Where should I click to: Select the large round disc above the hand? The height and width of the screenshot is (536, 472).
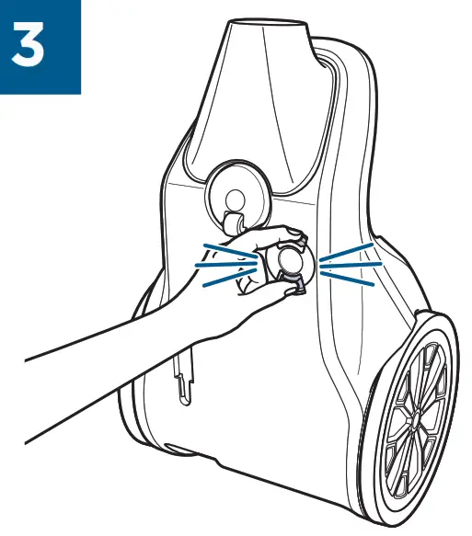tap(235, 194)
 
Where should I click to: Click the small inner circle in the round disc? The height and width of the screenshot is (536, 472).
tap(235, 197)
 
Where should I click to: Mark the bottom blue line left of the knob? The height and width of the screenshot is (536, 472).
tap(229, 279)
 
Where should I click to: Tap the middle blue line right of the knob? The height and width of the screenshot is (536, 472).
tap(350, 265)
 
